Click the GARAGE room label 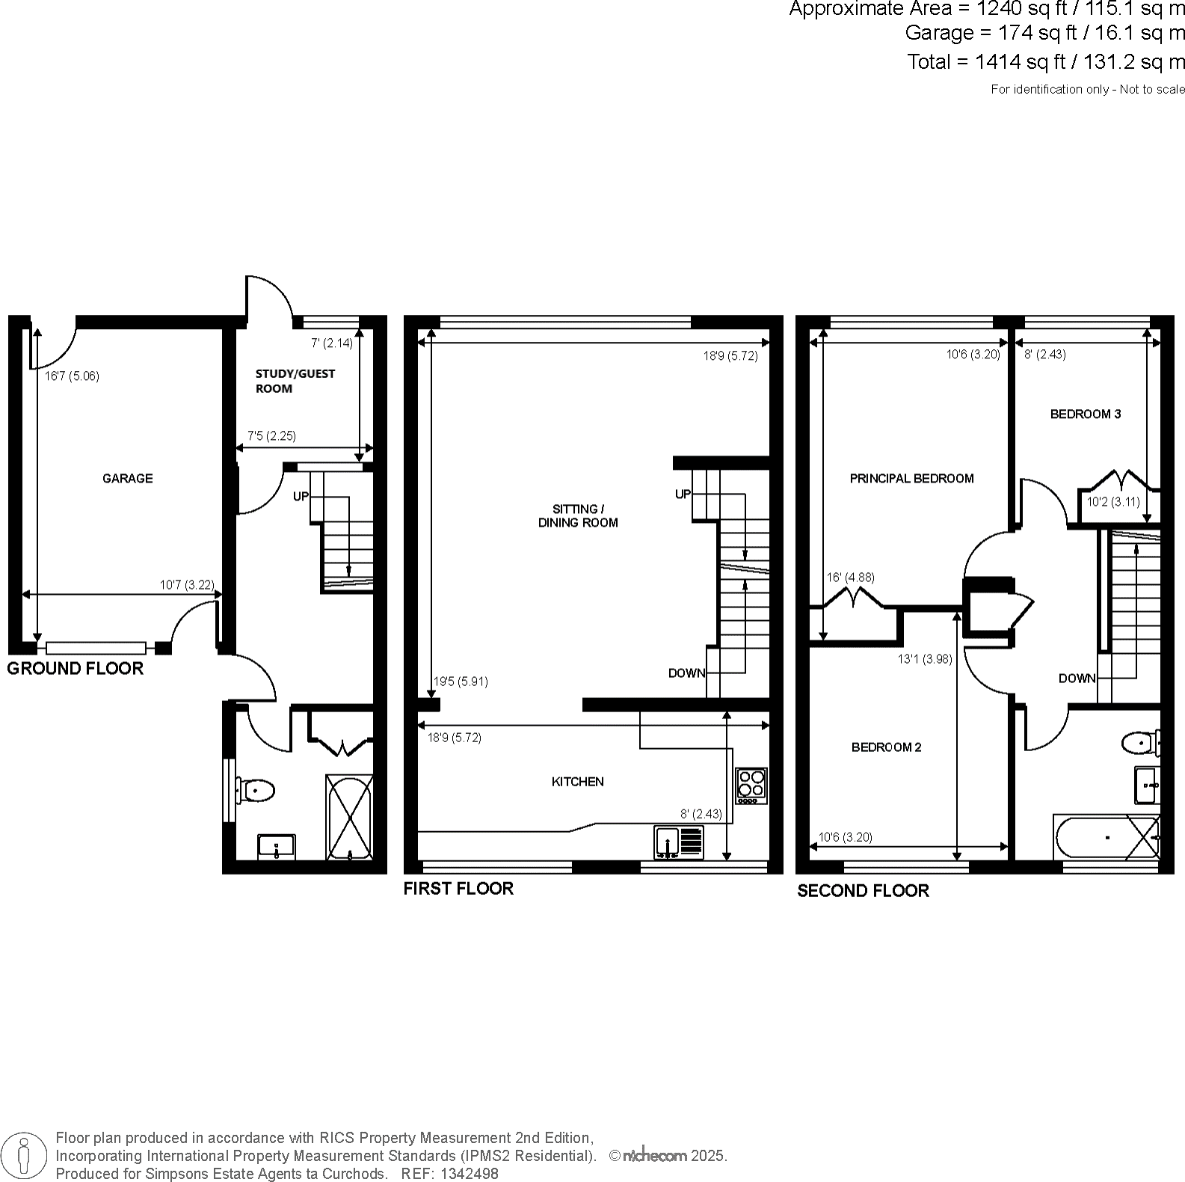pyautogui.click(x=127, y=478)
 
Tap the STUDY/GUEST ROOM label pyautogui.click(x=295, y=381)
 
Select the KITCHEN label pyautogui.click(x=577, y=782)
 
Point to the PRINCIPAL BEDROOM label pyautogui.click(x=911, y=479)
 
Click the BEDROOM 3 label pyautogui.click(x=1085, y=414)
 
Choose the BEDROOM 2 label pyautogui.click(x=886, y=747)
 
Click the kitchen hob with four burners pyautogui.click(x=751, y=785)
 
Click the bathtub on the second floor pyautogui.click(x=1106, y=837)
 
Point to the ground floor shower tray pyautogui.click(x=349, y=817)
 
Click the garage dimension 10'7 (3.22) pyautogui.click(x=187, y=584)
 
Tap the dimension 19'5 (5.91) pyautogui.click(x=461, y=682)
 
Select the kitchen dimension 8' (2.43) pyautogui.click(x=701, y=814)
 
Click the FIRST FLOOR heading pyautogui.click(x=458, y=889)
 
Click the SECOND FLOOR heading pyautogui.click(x=863, y=890)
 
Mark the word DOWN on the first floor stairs pyautogui.click(x=686, y=673)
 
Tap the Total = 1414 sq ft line pyautogui.click(x=1046, y=61)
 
